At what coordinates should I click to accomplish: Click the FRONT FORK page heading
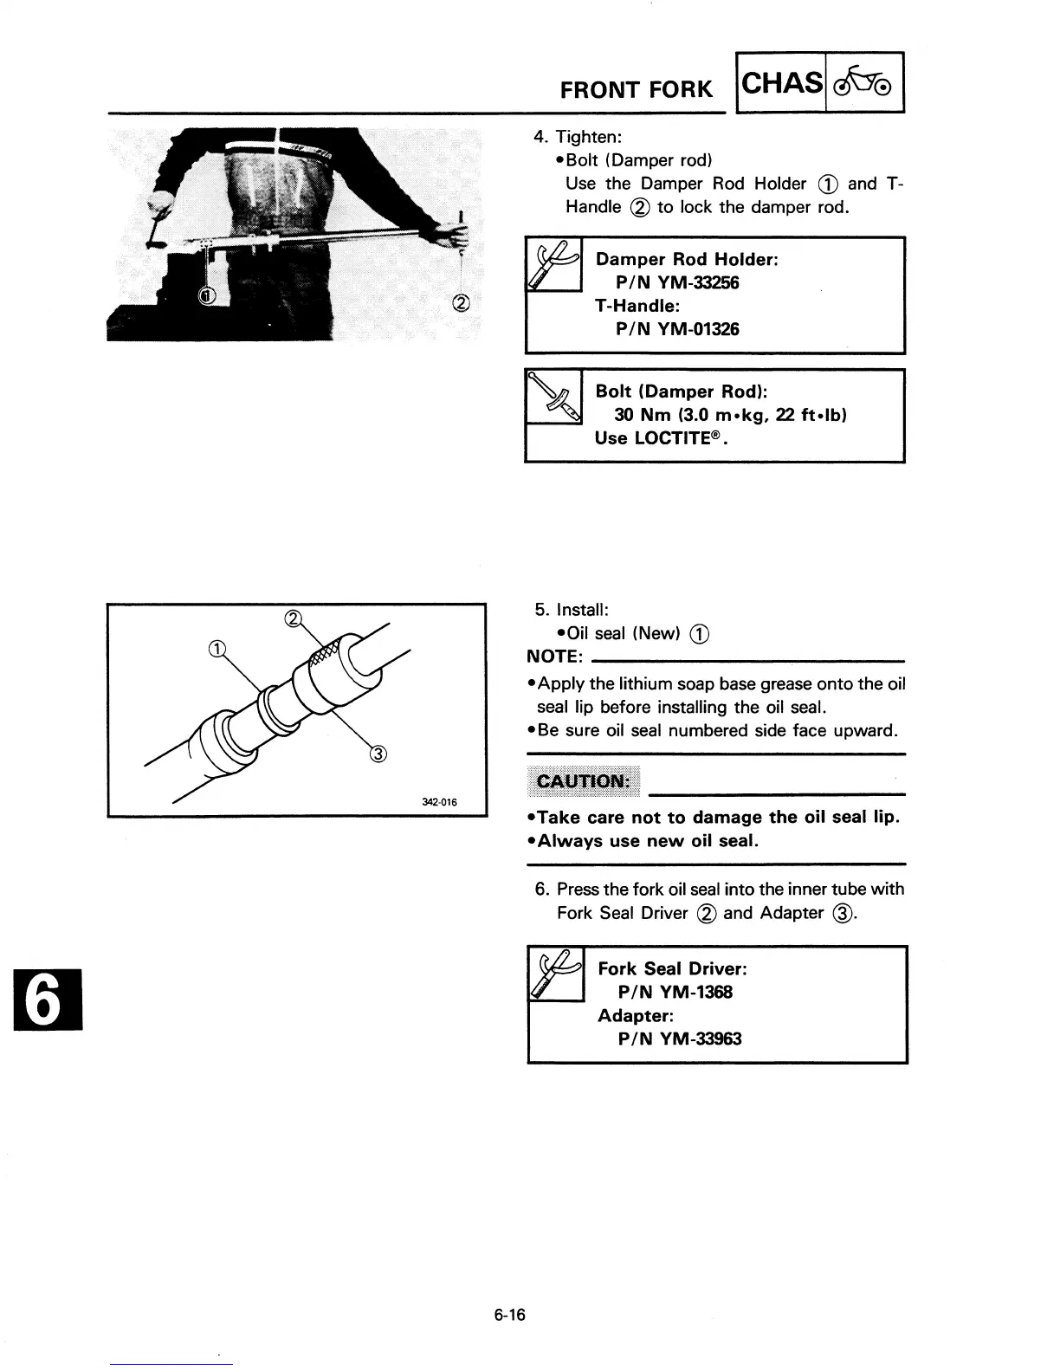(636, 89)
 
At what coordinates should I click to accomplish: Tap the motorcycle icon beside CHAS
(864, 83)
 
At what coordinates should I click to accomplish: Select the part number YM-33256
(698, 282)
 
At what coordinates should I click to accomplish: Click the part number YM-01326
(698, 329)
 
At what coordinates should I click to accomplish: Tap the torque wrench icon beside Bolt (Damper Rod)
(554, 398)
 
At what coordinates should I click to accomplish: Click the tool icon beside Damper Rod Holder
(554, 265)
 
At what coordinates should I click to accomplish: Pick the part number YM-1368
(695, 992)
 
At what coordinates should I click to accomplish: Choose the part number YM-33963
(700, 1039)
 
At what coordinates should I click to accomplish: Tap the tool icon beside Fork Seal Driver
(556, 974)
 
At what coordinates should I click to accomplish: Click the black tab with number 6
(47, 998)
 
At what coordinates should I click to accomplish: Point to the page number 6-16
(510, 1316)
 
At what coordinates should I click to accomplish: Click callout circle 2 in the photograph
(461, 302)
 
